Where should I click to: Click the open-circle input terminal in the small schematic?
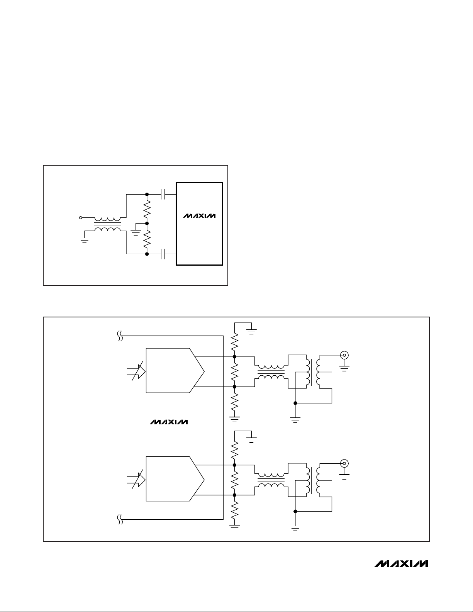tap(80, 218)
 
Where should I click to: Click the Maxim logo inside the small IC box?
tap(199, 216)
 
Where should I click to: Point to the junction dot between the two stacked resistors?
tap(147, 223)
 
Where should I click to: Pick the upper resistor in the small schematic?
tap(147, 209)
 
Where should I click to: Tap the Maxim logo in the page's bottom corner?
tap(401, 563)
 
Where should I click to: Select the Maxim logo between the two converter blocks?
tap(169, 422)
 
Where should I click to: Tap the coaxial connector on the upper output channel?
tap(344, 355)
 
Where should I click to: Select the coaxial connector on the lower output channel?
tap(344, 463)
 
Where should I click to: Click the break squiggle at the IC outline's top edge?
tap(120, 337)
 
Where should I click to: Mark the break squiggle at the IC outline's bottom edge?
tap(120, 520)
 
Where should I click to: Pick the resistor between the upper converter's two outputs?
tap(234, 371)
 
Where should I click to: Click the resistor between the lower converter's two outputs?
tap(234, 480)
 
